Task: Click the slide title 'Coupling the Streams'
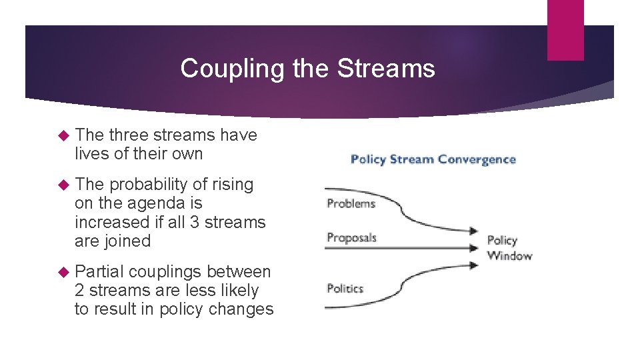tap(307, 68)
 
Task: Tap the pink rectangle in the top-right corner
tap(565, 29)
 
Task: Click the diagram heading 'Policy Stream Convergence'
tap(433, 159)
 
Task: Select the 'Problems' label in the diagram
tap(351, 203)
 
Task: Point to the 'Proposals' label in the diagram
tap(351, 238)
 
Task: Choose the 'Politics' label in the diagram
tap(345, 289)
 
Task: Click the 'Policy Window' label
tap(509, 248)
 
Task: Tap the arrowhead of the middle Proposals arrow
tap(475, 248)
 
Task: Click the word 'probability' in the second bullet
tap(148, 185)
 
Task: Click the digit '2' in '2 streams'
tap(79, 291)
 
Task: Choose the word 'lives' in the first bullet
tap(92, 153)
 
